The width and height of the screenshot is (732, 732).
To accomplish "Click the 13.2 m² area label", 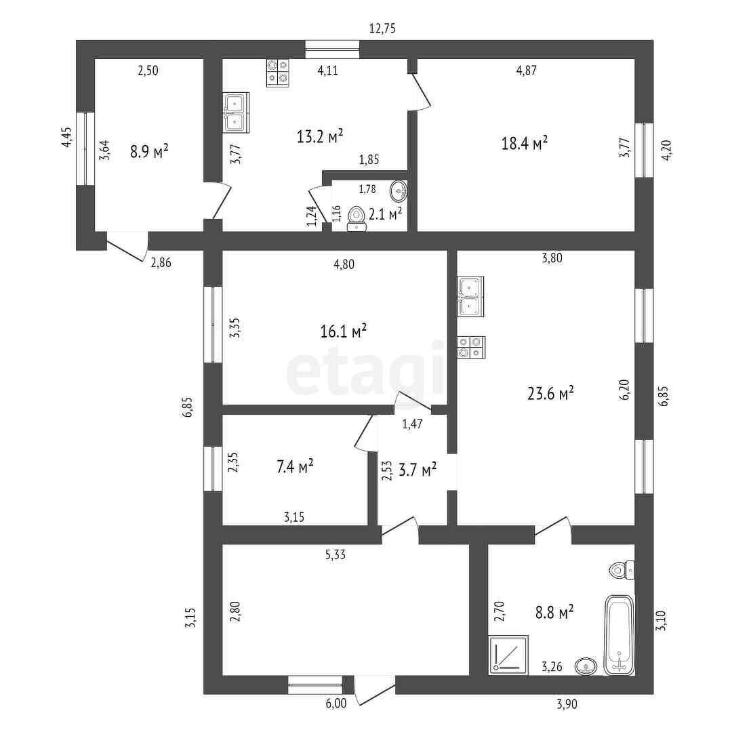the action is pos(320,136).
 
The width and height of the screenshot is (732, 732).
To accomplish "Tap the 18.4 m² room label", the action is pos(523,143).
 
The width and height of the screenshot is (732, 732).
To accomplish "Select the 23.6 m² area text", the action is pos(550,393).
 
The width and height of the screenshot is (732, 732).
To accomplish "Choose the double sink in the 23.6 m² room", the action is pos(470,297).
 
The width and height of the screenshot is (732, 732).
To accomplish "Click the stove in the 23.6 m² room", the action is pos(470,347).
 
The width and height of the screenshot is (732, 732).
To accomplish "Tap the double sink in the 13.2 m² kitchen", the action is pos(236,113).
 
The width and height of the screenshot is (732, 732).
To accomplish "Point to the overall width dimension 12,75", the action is pos(382,28).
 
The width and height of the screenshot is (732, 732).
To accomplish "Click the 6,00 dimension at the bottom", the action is pos(336,704).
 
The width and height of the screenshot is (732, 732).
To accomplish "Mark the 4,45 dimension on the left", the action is pos(66,137).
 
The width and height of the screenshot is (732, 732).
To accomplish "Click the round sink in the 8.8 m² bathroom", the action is pos(586,666).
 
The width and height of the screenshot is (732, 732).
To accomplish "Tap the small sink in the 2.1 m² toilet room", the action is pos(400,190).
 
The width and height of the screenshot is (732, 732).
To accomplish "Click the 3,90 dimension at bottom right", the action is pos(567,704).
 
